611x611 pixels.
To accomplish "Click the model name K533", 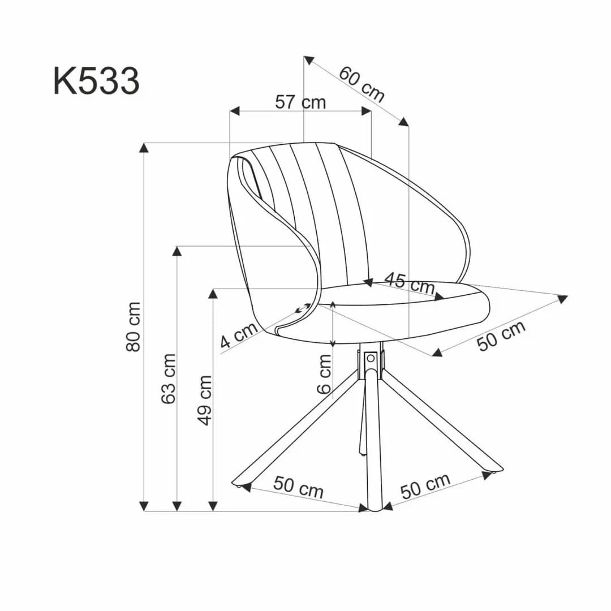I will (96, 81).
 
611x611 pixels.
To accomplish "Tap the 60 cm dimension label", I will (362, 84).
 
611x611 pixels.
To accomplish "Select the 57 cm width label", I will (300, 102).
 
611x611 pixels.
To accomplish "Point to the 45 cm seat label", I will (409, 282).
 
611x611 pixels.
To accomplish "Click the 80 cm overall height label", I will (134, 326).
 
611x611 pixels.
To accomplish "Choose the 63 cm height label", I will (169, 378).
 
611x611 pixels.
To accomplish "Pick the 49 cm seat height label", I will (205, 400).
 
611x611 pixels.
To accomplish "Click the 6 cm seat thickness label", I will (325, 374).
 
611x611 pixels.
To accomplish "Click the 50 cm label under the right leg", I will (425, 486).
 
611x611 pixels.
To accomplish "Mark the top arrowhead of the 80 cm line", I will (144, 148).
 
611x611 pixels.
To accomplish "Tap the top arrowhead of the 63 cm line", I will (177, 251).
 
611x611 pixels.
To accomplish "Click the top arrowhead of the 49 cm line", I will (213, 293).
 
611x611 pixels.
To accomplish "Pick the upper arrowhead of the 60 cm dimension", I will (309, 60).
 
